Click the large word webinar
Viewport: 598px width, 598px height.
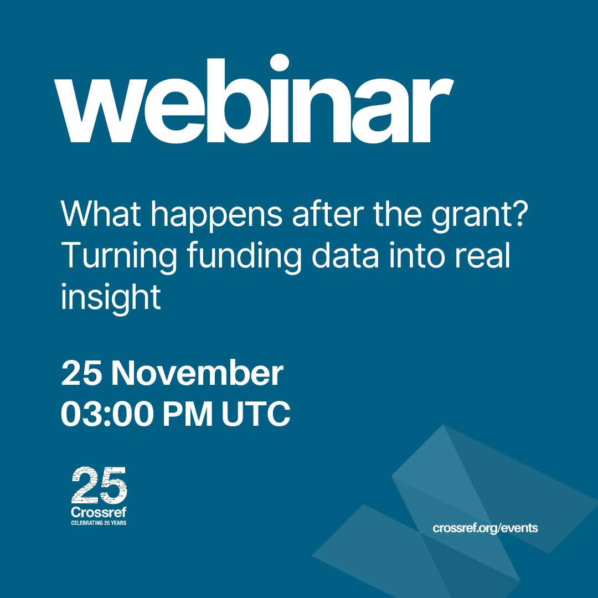click(x=254, y=99)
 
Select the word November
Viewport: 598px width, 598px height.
click(x=197, y=373)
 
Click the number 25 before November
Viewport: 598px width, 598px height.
click(x=81, y=373)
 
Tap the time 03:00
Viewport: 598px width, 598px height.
click(x=107, y=414)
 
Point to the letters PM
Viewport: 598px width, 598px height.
click(x=188, y=414)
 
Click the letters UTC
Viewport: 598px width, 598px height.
click(x=256, y=414)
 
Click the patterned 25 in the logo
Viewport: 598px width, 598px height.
click(x=99, y=485)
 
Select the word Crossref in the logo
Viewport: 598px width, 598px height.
click(x=99, y=512)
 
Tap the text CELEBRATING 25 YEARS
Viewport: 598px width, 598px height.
click(x=99, y=523)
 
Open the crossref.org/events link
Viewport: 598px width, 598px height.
click(x=485, y=528)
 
